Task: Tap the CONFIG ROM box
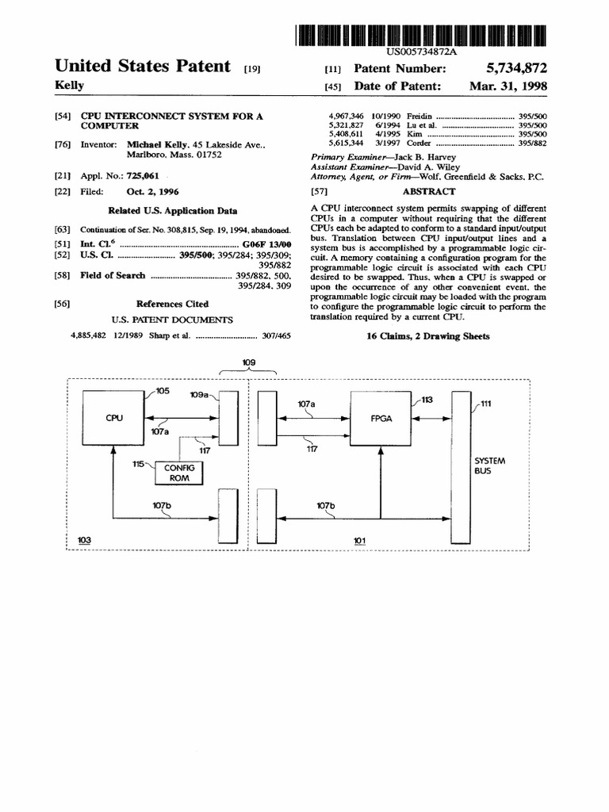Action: click(x=179, y=473)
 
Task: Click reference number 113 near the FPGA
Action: click(x=427, y=400)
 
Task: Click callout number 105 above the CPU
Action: click(x=162, y=391)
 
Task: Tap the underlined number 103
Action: click(x=85, y=540)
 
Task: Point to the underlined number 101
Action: click(x=360, y=541)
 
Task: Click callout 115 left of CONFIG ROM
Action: click(x=139, y=463)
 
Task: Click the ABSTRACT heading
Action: click(x=429, y=191)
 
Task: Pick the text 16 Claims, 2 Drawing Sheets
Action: click(x=428, y=336)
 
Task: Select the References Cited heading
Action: click(x=172, y=304)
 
